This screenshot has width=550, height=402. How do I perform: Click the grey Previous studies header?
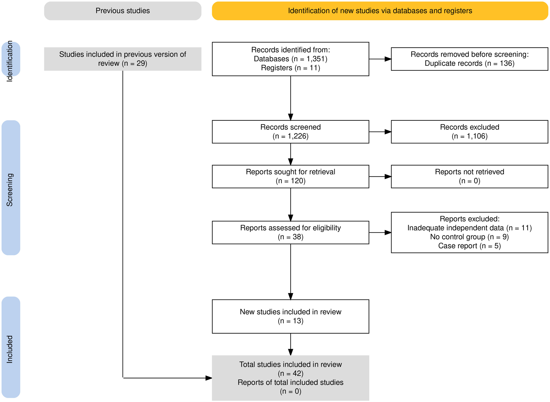click(x=122, y=11)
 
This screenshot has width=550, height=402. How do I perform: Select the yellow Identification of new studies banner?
click(x=380, y=11)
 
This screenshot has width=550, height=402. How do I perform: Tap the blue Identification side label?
click(x=10, y=59)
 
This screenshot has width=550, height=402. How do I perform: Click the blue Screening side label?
click(x=10, y=188)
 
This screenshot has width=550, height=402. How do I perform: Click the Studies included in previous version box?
click(x=122, y=59)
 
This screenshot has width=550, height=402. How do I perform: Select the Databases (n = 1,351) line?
click(x=290, y=59)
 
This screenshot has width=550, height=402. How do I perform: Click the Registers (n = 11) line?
click(x=290, y=68)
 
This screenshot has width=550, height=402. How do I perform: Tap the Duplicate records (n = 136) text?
click(x=469, y=64)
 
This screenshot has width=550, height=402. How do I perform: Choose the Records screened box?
click(x=290, y=132)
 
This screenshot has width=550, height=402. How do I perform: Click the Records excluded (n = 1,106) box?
click(x=469, y=132)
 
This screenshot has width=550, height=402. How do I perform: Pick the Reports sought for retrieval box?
click(x=290, y=176)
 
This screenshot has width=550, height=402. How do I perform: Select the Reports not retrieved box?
click(x=469, y=176)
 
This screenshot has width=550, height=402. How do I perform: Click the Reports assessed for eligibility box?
click(x=290, y=232)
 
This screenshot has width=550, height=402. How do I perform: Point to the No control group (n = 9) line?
click(x=469, y=237)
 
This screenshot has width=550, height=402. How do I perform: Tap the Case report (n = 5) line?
click(x=469, y=246)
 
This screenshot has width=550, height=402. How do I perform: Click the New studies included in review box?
click(x=290, y=317)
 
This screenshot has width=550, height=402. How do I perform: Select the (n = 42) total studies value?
click(x=290, y=373)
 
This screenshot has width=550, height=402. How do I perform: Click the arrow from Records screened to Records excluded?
click(x=380, y=132)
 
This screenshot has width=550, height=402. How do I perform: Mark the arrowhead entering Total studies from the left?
click(x=208, y=378)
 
